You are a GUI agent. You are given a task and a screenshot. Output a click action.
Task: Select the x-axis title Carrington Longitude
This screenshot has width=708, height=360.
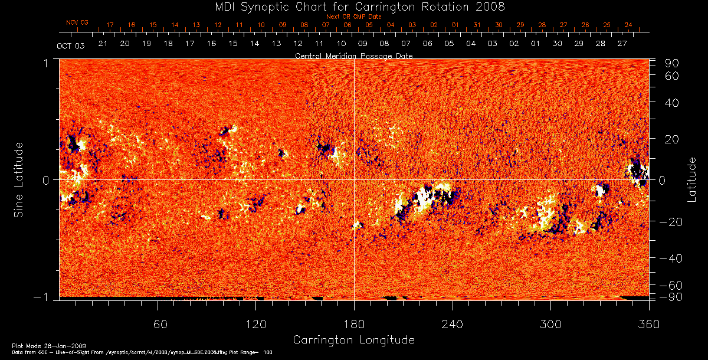pyautogui.click(x=353, y=340)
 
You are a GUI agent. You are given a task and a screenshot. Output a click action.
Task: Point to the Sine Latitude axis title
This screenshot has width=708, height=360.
pyautogui.click(x=18, y=179)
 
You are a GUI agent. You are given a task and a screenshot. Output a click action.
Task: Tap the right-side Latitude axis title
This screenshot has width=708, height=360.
pyautogui.click(x=691, y=179)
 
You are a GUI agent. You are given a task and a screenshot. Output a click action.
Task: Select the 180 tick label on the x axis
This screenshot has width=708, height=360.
pyautogui.click(x=354, y=325)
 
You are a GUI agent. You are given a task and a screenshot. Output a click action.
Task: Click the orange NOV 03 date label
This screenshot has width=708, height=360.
pyautogui.click(x=77, y=22)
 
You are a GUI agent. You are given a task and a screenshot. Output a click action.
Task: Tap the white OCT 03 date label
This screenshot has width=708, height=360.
pyautogui.click(x=70, y=45)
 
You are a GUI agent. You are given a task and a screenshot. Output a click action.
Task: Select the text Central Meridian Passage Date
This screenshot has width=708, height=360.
pyautogui.click(x=353, y=55)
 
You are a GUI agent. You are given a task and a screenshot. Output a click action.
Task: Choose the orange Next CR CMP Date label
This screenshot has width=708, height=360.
pyautogui.click(x=353, y=17)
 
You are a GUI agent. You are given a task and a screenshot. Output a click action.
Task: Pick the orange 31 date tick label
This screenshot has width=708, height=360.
pyautogui.click(x=477, y=25)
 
